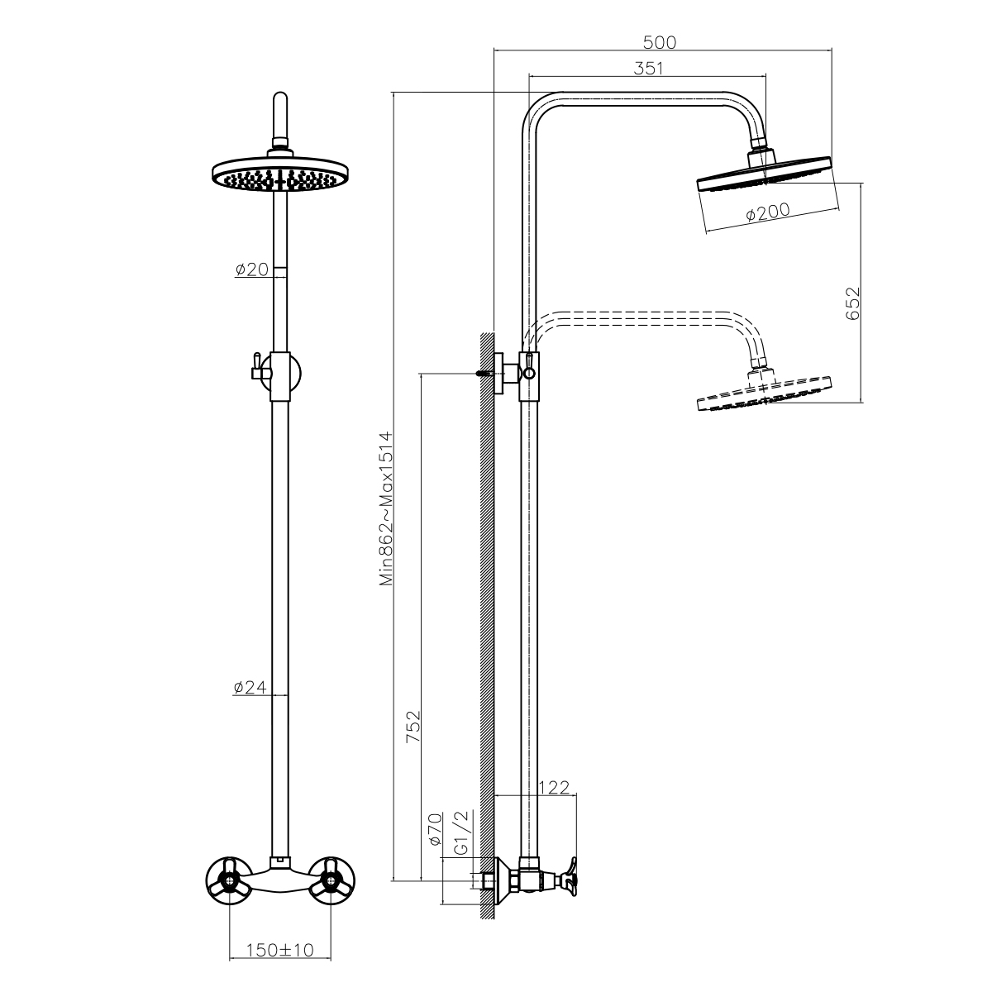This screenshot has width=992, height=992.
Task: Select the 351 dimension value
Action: [x=648, y=69]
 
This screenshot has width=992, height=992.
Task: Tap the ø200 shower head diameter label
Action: [x=767, y=212]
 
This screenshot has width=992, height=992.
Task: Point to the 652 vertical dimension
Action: [x=853, y=303]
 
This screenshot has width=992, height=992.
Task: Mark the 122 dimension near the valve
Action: [x=554, y=787]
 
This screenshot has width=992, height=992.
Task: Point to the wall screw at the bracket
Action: [x=486, y=373]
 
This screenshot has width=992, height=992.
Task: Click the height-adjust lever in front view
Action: [x=257, y=367]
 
